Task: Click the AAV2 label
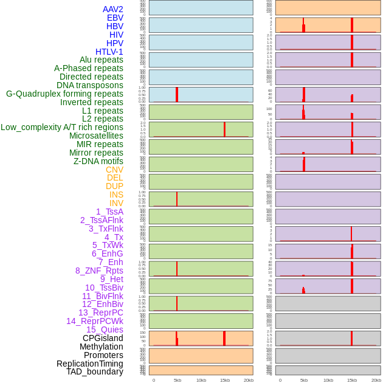pos(112,9)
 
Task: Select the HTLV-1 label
pos(109,52)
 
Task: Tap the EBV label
pos(115,18)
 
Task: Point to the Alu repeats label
pos(101,60)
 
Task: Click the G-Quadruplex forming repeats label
pos(64,94)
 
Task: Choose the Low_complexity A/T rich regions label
pos(61,127)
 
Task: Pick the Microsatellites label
pos(96,136)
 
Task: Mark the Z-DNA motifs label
pos(98,161)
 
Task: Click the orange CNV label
pos(114,170)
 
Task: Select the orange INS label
pos(116,195)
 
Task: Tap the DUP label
pos(114,186)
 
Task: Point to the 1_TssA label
pos(109,212)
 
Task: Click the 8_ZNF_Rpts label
pos(99,271)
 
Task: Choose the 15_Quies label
pos(105,330)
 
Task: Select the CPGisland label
pos(103,338)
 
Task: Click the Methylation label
pos(101,347)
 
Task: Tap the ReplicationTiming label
pos(89,364)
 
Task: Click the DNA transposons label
pos(90,85)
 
